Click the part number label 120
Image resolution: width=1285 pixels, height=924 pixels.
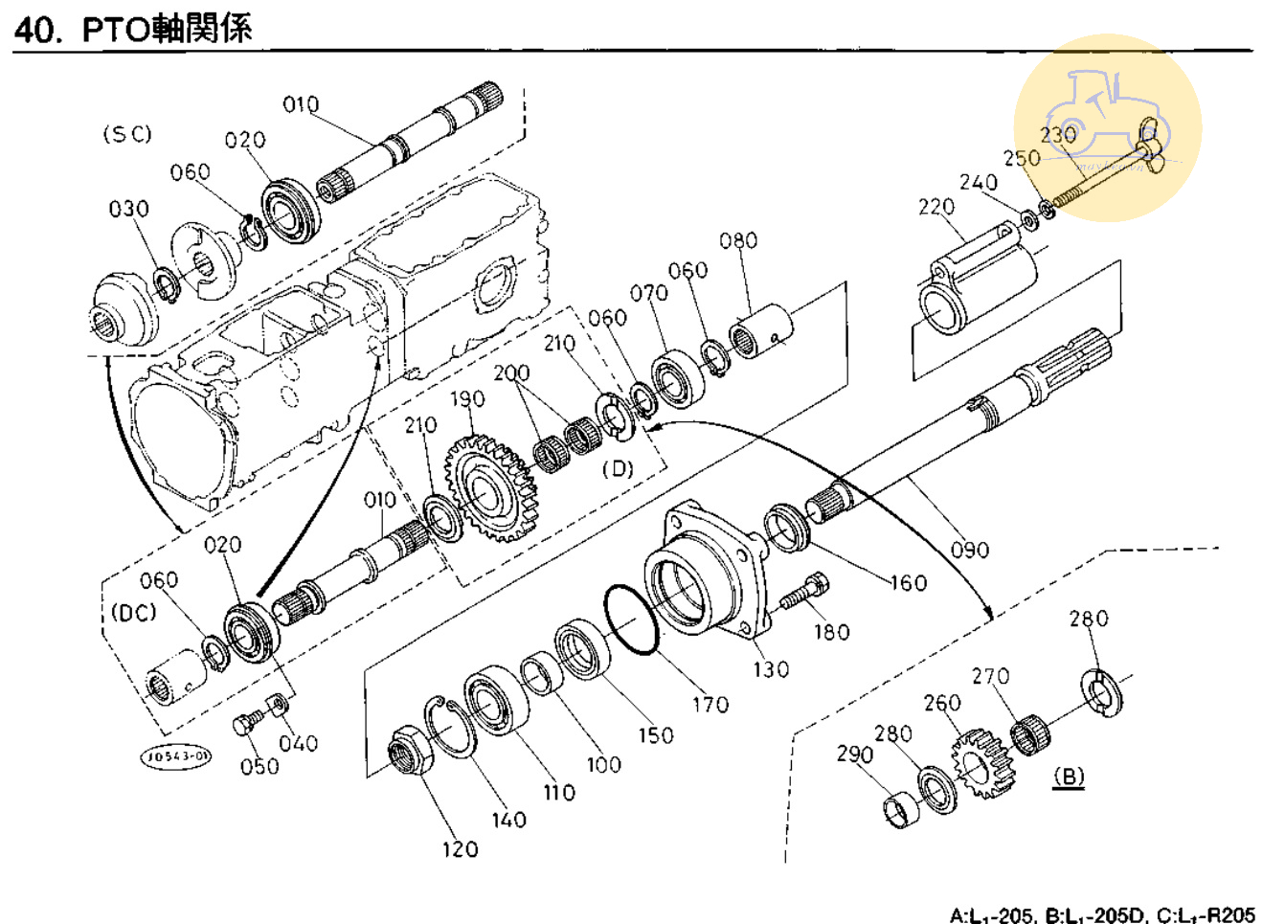(460, 849)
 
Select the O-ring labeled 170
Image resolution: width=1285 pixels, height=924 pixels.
(631, 620)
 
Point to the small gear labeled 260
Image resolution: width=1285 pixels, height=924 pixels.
(981, 763)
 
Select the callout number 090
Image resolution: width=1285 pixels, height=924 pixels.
(969, 550)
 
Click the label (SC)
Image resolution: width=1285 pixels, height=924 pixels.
(127, 134)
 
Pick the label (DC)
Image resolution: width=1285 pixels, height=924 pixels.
(133, 612)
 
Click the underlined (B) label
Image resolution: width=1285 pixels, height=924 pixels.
(1069, 777)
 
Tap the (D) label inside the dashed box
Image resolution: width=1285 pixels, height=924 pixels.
(618, 469)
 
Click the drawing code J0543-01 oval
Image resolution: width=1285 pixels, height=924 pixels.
(176, 756)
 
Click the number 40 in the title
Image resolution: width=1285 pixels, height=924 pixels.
(35, 29)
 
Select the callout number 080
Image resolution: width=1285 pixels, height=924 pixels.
(738, 240)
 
